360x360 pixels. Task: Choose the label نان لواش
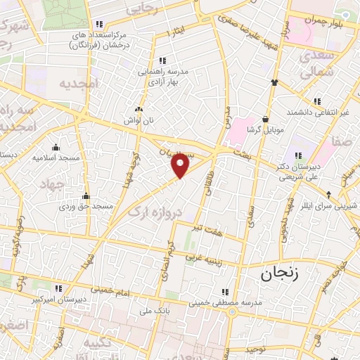pyautogui.click(x=139, y=120)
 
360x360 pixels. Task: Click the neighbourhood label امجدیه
pyautogui.click(x=80, y=84)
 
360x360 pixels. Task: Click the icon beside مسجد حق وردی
pyautogui.click(x=86, y=196)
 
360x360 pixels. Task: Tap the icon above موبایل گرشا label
pyautogui.click(x=264, y=119)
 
